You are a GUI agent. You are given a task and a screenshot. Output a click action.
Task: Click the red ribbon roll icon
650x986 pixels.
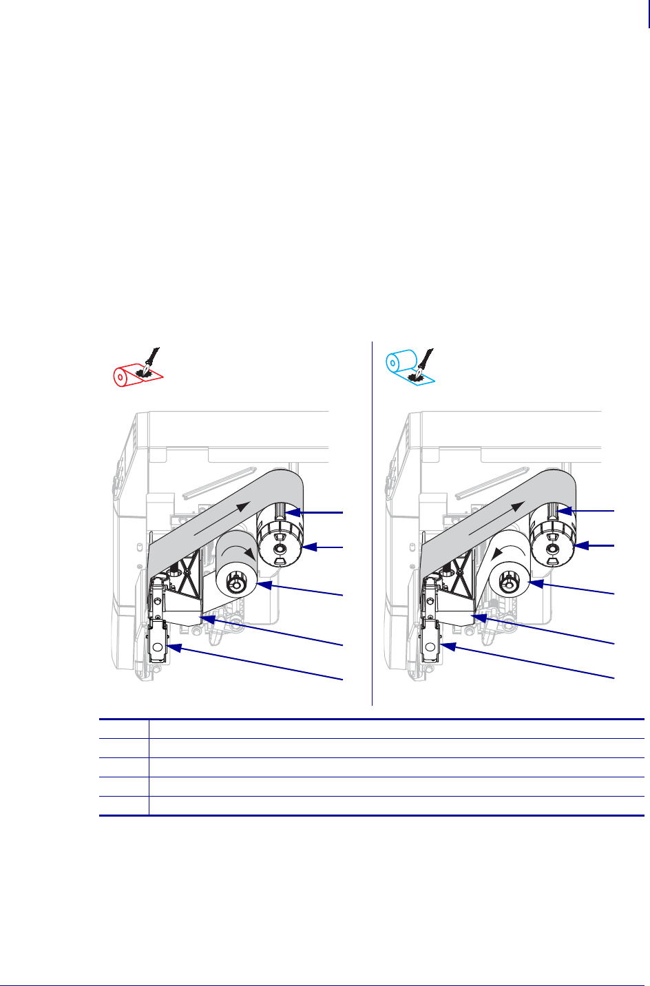(123, 376)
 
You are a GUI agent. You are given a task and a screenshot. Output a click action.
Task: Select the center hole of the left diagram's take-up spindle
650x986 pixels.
(278, 549)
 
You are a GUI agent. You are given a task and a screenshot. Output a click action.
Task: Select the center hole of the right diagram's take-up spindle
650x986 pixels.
(552, 549)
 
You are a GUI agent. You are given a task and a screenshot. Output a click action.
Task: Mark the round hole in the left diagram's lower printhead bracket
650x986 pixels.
(158, 648)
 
